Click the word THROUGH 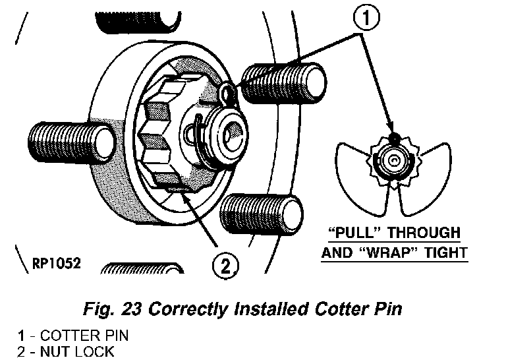point(424,233)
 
